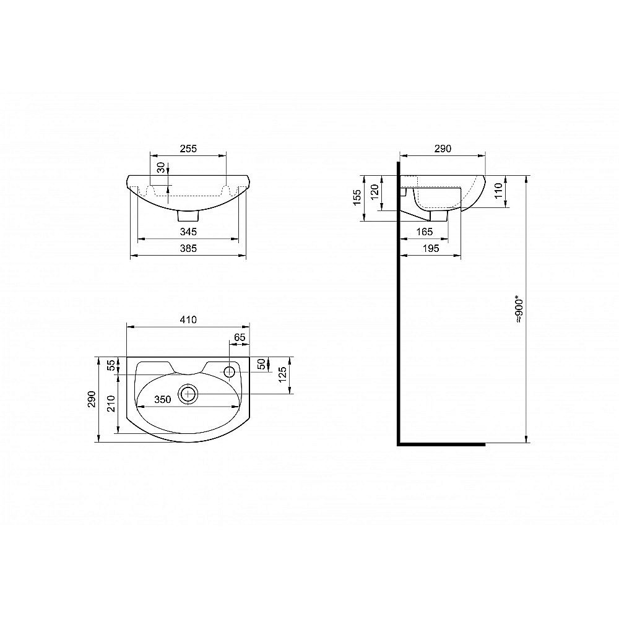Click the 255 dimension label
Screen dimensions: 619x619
[x=188, y=149]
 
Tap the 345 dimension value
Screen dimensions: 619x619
[x=188, y=232]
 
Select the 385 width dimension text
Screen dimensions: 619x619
[x=188, y=248]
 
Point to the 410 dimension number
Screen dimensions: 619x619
[x=188, y=319]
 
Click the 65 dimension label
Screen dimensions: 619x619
[x=240, y=337]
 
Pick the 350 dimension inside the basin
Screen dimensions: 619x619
[x=163, y=399]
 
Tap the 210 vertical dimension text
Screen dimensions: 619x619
[x=111, y=404]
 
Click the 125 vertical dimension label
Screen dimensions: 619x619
[x=283, y=374]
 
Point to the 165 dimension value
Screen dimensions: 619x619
[x=425, y=232]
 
